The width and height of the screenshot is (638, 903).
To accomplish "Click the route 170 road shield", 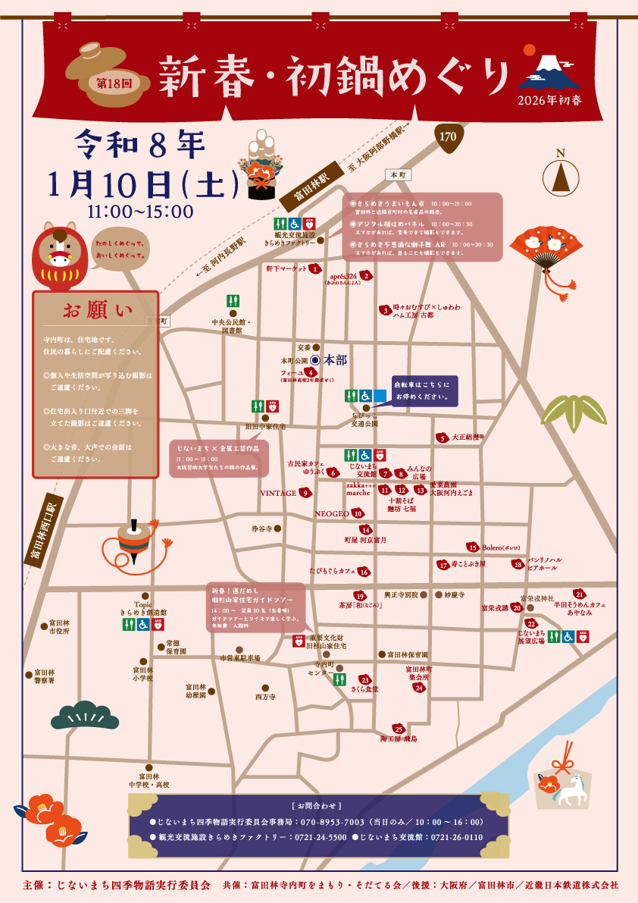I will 447,136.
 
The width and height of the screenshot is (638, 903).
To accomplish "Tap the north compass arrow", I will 561,176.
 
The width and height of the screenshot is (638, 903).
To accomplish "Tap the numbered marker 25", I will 398,729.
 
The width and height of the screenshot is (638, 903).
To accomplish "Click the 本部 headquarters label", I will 334,360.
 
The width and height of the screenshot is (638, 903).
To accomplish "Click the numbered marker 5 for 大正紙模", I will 441,437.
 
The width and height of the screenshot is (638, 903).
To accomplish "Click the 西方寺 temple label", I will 265,697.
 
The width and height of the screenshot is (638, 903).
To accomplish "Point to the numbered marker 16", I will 364,572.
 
